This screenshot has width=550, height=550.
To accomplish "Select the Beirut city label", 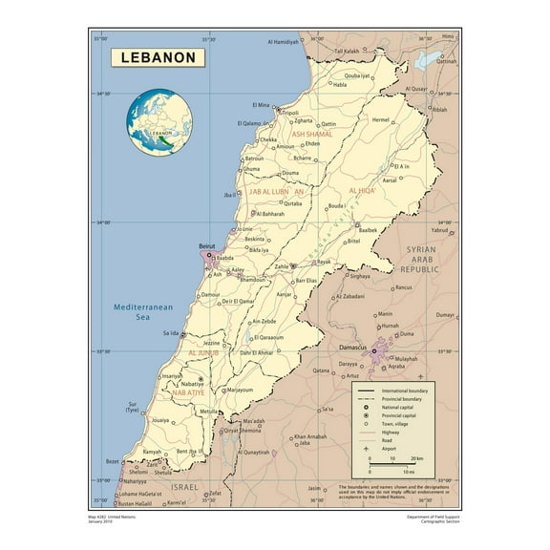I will pyautogui.click(x=206, y=247).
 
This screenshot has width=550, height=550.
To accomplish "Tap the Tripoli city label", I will pyautogui.click(x=291, y=113).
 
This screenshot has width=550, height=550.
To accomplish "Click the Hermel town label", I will pyautogui.click(x=381, y=120).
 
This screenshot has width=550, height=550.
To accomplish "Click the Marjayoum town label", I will pyautogui.click(x=241, y=391).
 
